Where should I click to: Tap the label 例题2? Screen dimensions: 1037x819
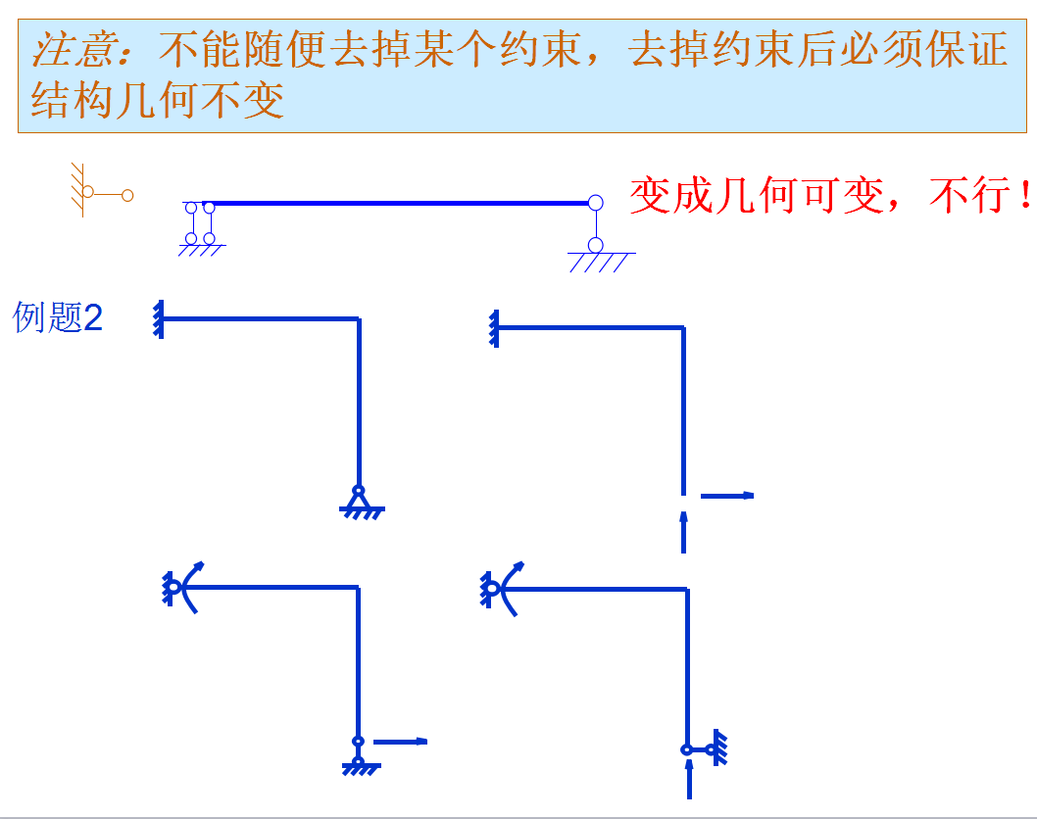pos(58,317)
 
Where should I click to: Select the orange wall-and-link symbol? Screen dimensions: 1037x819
pos(98,191)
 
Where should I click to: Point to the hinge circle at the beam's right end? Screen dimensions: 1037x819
pos(595,204)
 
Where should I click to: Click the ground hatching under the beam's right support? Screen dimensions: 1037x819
pos(600,262)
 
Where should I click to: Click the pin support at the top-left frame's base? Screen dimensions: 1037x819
pos(360,501)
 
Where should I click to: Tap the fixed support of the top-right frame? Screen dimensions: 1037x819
pos(494,327)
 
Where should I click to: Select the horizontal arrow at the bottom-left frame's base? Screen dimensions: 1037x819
pos(401,742)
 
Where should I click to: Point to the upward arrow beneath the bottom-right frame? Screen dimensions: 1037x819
pos(690,780)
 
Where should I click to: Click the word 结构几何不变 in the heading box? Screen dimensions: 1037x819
pos(157,99)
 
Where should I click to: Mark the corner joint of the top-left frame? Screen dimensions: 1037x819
pos(359,318)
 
